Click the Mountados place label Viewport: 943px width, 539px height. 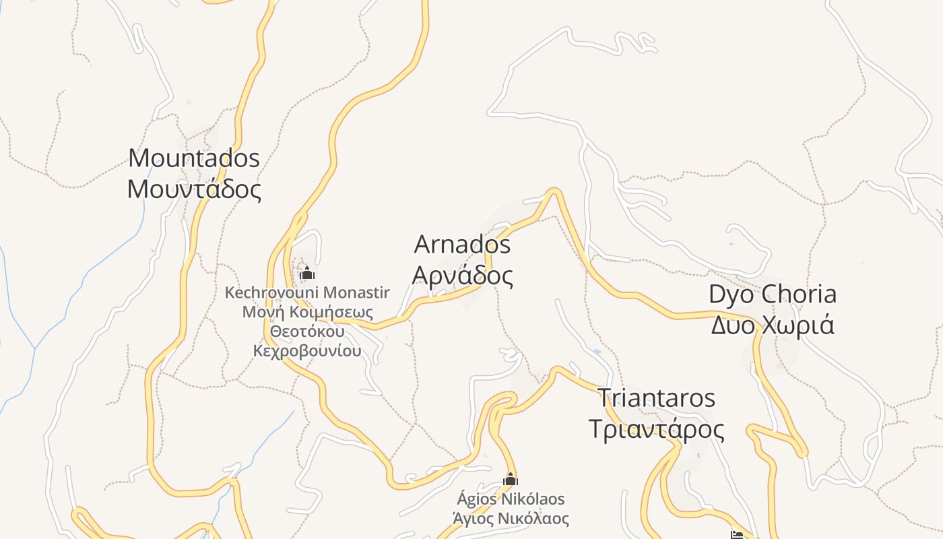(x=194, y=158)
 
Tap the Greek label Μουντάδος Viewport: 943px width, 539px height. (x=194, y=189)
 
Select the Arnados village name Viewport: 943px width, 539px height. (x=462, y=245)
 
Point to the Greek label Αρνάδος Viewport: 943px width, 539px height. (x=462, y=276)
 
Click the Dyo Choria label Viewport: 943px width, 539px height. (x=773, y=294)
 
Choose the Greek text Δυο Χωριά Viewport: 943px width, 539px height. (x=773, y=325)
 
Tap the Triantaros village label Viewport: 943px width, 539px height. (x=657, y=398)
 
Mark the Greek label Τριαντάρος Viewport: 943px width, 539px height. (x=657, y=429)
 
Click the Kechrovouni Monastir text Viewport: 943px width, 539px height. (x=307, y=293)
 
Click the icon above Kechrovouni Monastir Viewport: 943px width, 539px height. (x=307, y=273)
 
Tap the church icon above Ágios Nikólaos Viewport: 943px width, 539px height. (x=511, y=479)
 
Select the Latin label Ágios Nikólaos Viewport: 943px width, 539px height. (x=511, y=499)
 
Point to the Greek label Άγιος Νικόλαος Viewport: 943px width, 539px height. (x=511, y=519)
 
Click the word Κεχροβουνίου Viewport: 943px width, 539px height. (x=307, y=351)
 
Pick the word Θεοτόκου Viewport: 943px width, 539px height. (x=307, y=331)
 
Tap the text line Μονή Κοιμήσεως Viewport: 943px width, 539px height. (x=307, y=312)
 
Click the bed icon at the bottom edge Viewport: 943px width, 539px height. (x=737, y=535)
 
